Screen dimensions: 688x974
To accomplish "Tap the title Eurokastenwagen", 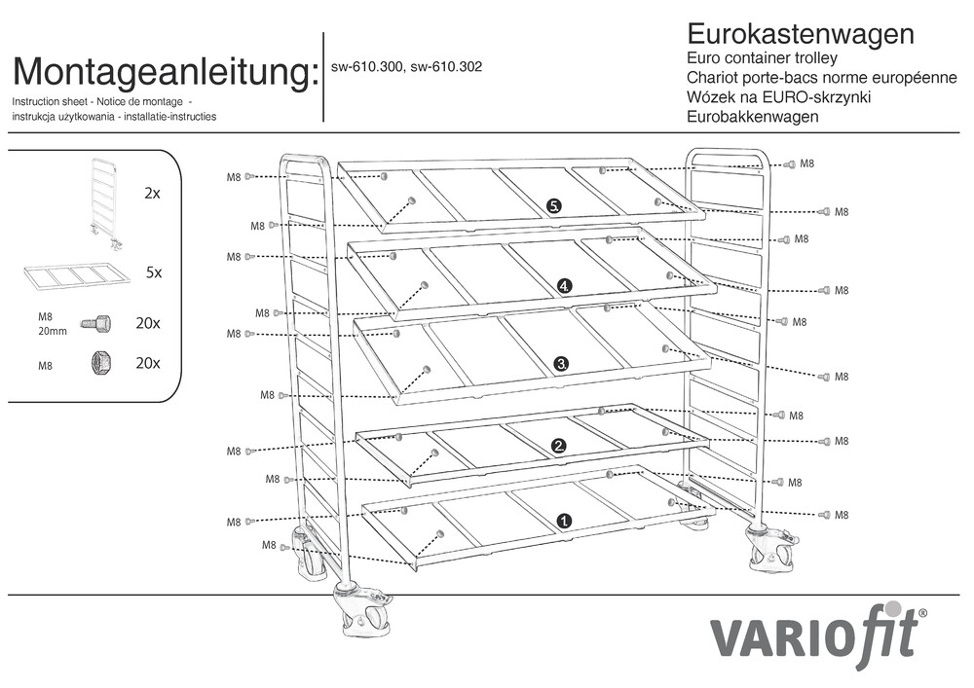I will click(801, 34).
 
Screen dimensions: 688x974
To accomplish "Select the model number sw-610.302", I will click(447, 67).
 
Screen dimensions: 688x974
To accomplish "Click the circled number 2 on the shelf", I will click(559, 446).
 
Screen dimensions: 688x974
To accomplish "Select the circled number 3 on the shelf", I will click(561, 363).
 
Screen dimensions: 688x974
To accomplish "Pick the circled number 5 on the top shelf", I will click(554, 205).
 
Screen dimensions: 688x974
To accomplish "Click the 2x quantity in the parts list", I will click(151, 194).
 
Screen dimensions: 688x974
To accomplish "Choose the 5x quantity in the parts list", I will click(153, 273).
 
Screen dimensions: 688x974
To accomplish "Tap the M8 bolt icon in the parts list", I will click(95, 322).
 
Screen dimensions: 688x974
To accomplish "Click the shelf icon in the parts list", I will click(77, 275).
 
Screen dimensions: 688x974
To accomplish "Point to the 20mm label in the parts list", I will click(53, 330).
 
